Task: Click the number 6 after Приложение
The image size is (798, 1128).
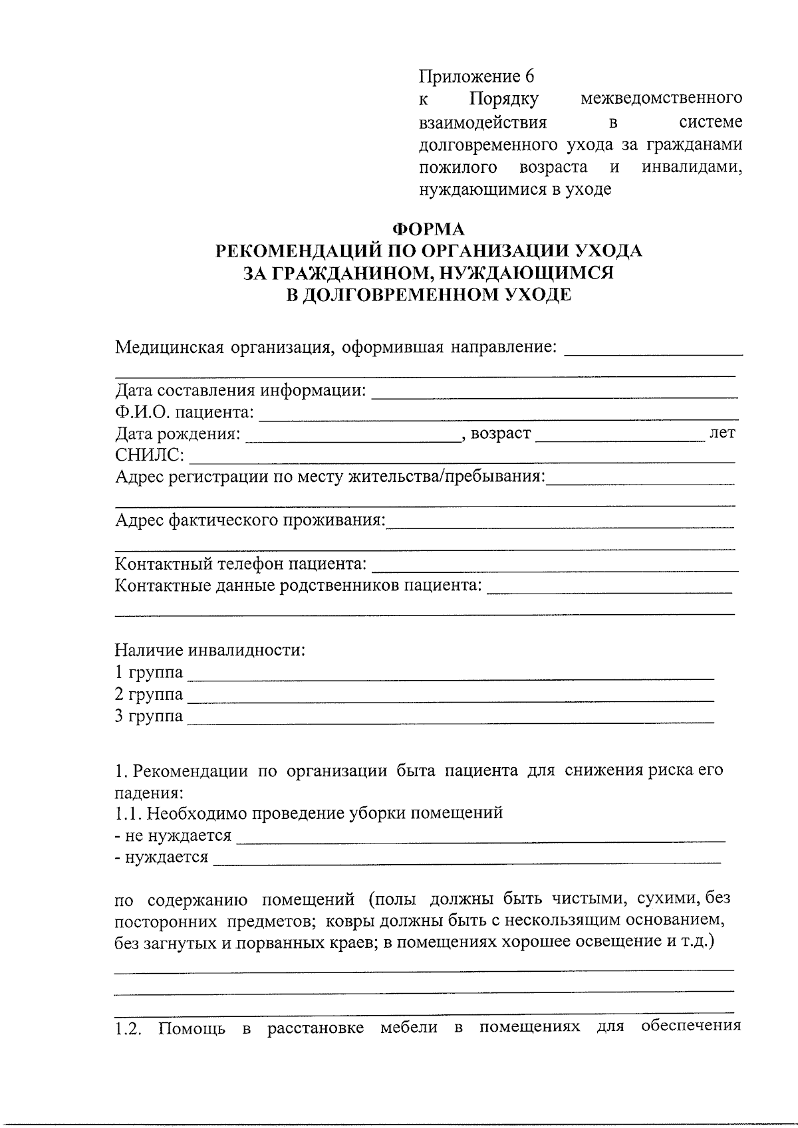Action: (529, 75)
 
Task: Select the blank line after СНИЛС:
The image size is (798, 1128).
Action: (462, 458)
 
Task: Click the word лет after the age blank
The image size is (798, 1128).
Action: (723, 433)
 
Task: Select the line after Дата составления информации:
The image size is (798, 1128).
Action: (554, 394)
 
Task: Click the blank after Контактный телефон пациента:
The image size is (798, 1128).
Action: (555, 567)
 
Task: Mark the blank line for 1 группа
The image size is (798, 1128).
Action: (451, 676)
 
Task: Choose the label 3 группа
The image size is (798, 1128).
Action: (148, 717)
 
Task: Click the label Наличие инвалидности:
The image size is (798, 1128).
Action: (210, 650)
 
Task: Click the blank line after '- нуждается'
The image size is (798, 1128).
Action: (467, 861)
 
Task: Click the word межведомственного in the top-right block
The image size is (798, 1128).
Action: (661, 99)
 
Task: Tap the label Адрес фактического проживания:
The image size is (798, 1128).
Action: (250, 520)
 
